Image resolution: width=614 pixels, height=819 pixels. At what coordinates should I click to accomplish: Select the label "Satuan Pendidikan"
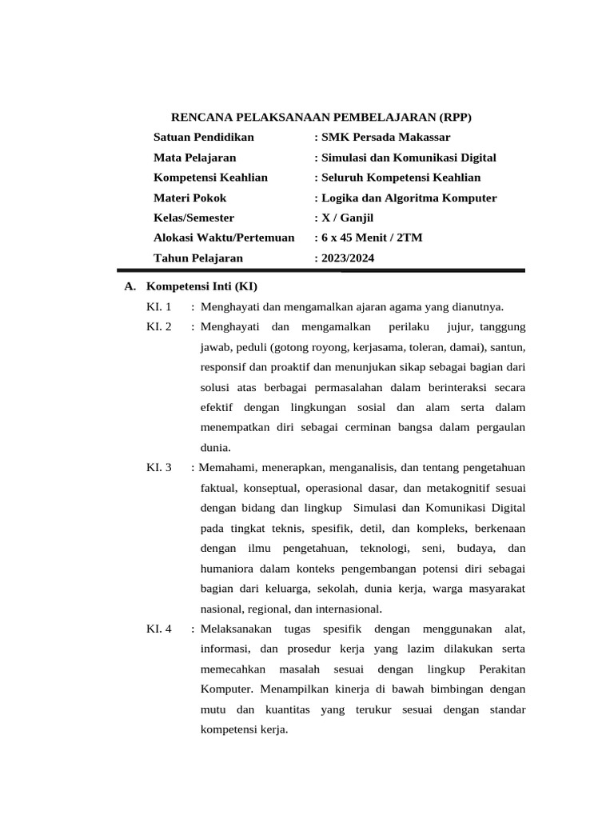pos(204,138)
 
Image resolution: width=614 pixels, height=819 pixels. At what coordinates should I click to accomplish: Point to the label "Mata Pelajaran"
pos(194,158)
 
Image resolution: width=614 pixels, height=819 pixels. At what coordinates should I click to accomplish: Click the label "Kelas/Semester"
pos(193,218)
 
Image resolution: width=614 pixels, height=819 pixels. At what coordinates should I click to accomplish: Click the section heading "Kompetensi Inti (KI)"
pos(201,286)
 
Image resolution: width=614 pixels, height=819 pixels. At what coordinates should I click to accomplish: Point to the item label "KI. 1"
pos(159,306)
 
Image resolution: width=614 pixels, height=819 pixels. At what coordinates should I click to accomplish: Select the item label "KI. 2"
pos(159,326)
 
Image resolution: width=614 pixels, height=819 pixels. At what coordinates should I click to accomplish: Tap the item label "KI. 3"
pos(159,467)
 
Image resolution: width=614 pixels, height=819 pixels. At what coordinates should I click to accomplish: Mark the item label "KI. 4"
pos(159,629)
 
